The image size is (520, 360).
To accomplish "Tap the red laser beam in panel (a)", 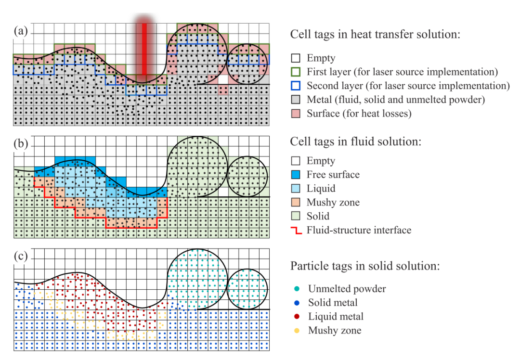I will click(x=143, y=48).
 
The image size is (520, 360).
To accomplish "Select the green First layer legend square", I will click(x=296, y=72).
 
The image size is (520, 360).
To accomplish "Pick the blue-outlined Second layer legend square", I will click(x=296, y=86).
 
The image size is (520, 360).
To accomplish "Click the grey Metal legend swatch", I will click(x=296, y=100).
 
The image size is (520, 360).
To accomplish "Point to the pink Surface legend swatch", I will click(x=296, y=114).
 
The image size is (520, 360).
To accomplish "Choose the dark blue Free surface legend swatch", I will click(x=296, y=175).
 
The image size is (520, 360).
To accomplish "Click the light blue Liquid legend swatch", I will click(x=296, y=189).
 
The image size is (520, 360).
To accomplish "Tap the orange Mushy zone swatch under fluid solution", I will click(x=296, y=203).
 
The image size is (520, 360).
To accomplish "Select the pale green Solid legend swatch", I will click(x=296, y=217).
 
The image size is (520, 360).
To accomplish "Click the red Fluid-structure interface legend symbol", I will click(x=296, y=230).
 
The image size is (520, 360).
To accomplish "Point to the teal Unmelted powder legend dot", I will click(x=296, y=289).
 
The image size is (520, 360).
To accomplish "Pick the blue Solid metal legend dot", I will click(x=296, y=303).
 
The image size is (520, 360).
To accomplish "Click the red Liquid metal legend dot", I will click(x=296, y=317).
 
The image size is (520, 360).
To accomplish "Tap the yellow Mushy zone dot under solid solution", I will click(x=296, y=331).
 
